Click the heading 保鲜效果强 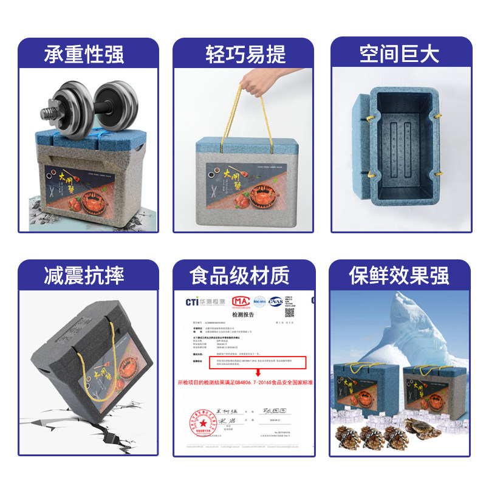(399, 275)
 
